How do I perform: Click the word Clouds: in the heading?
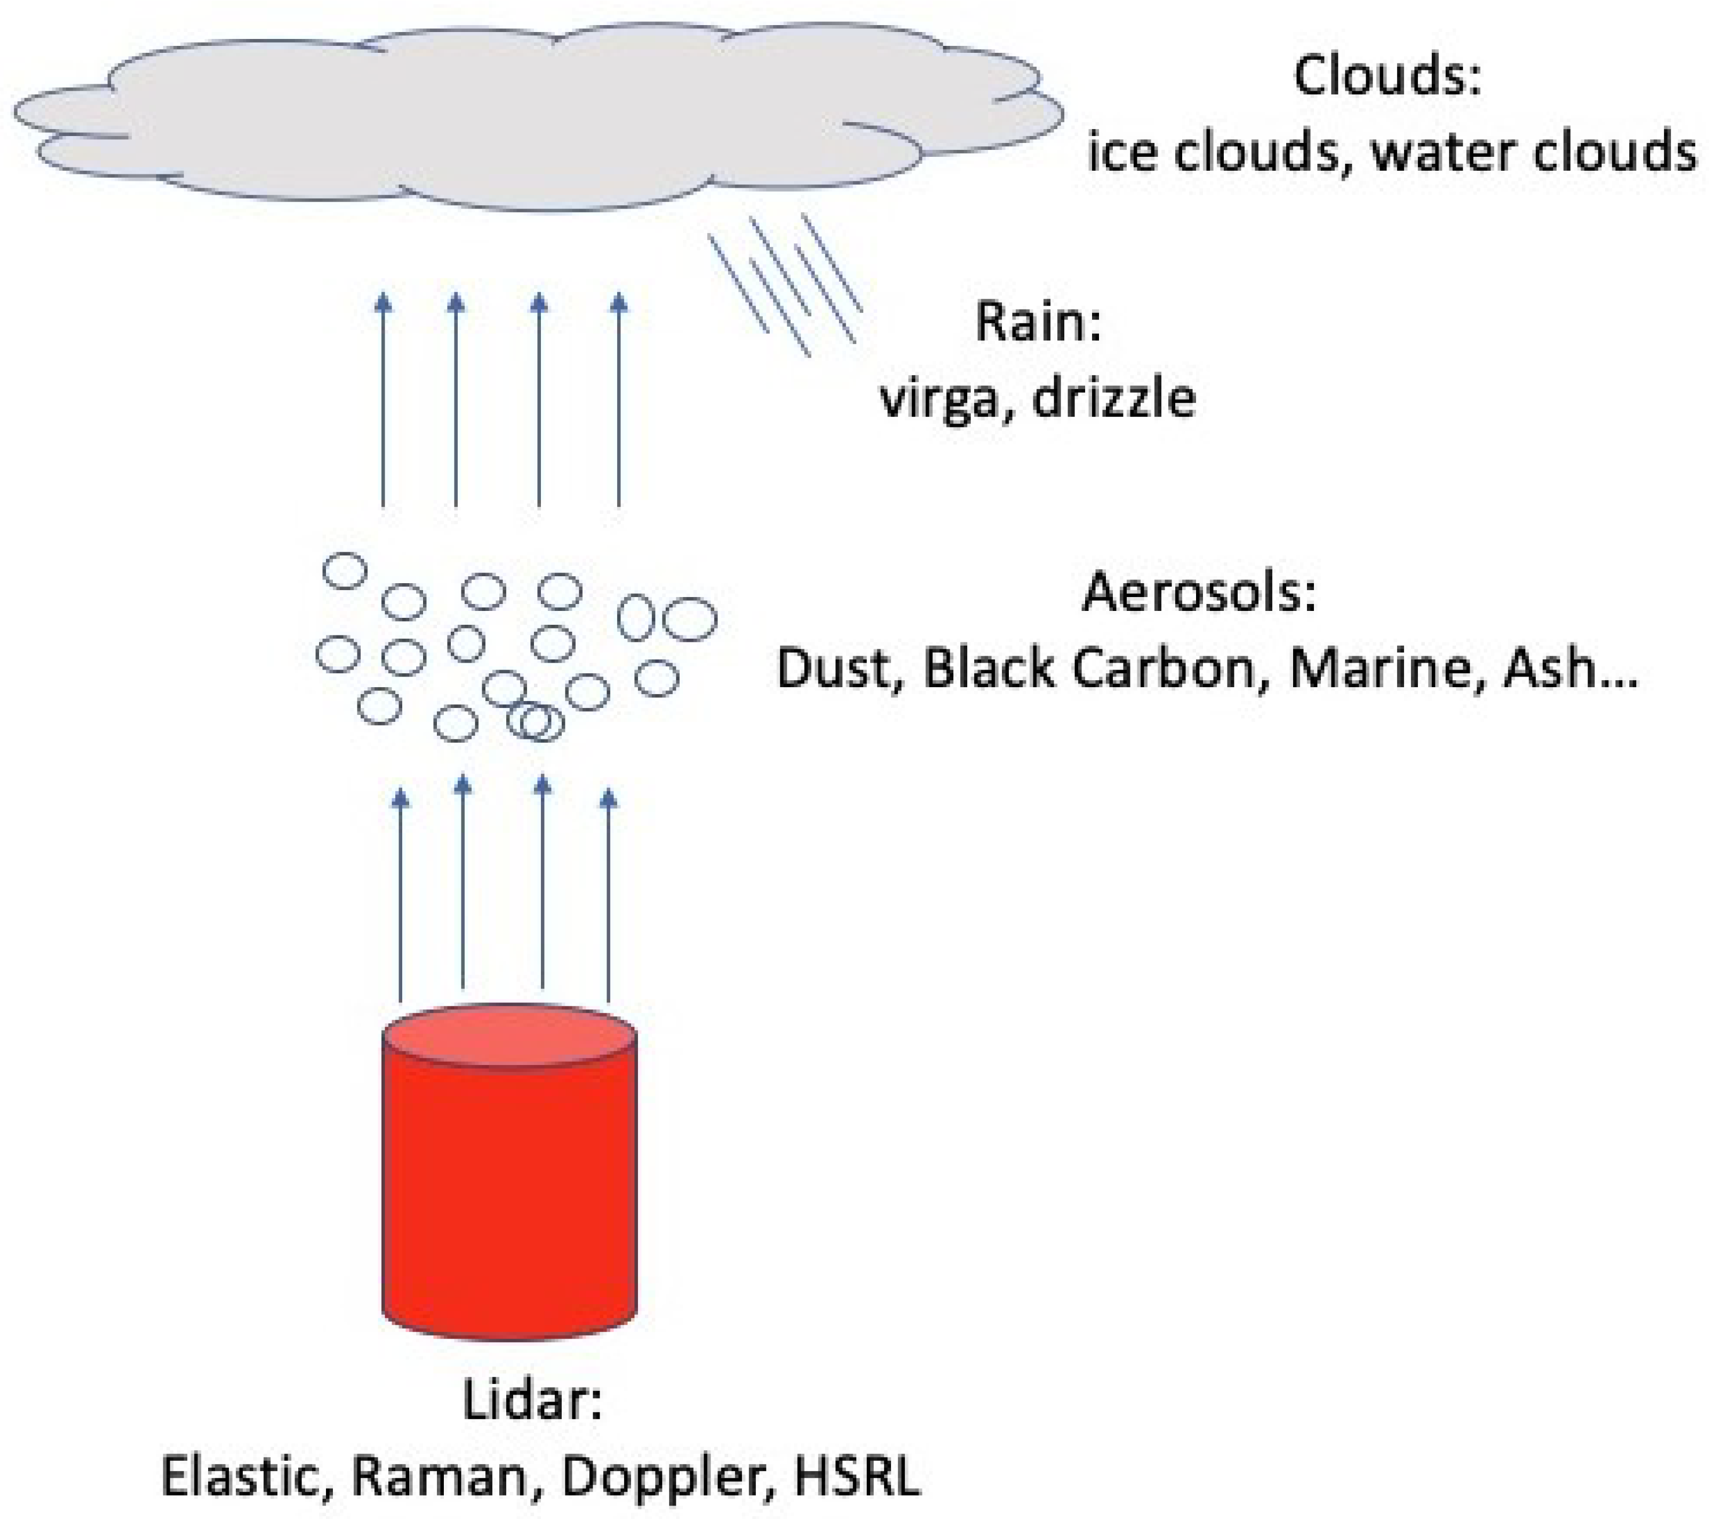coord(1387,77)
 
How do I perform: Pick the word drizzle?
coord(1114,397)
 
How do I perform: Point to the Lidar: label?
coord(533,1400)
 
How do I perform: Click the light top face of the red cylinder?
coord(509,1037)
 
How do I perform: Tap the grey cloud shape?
coord(536,117)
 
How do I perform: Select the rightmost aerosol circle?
coord(690,619)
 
